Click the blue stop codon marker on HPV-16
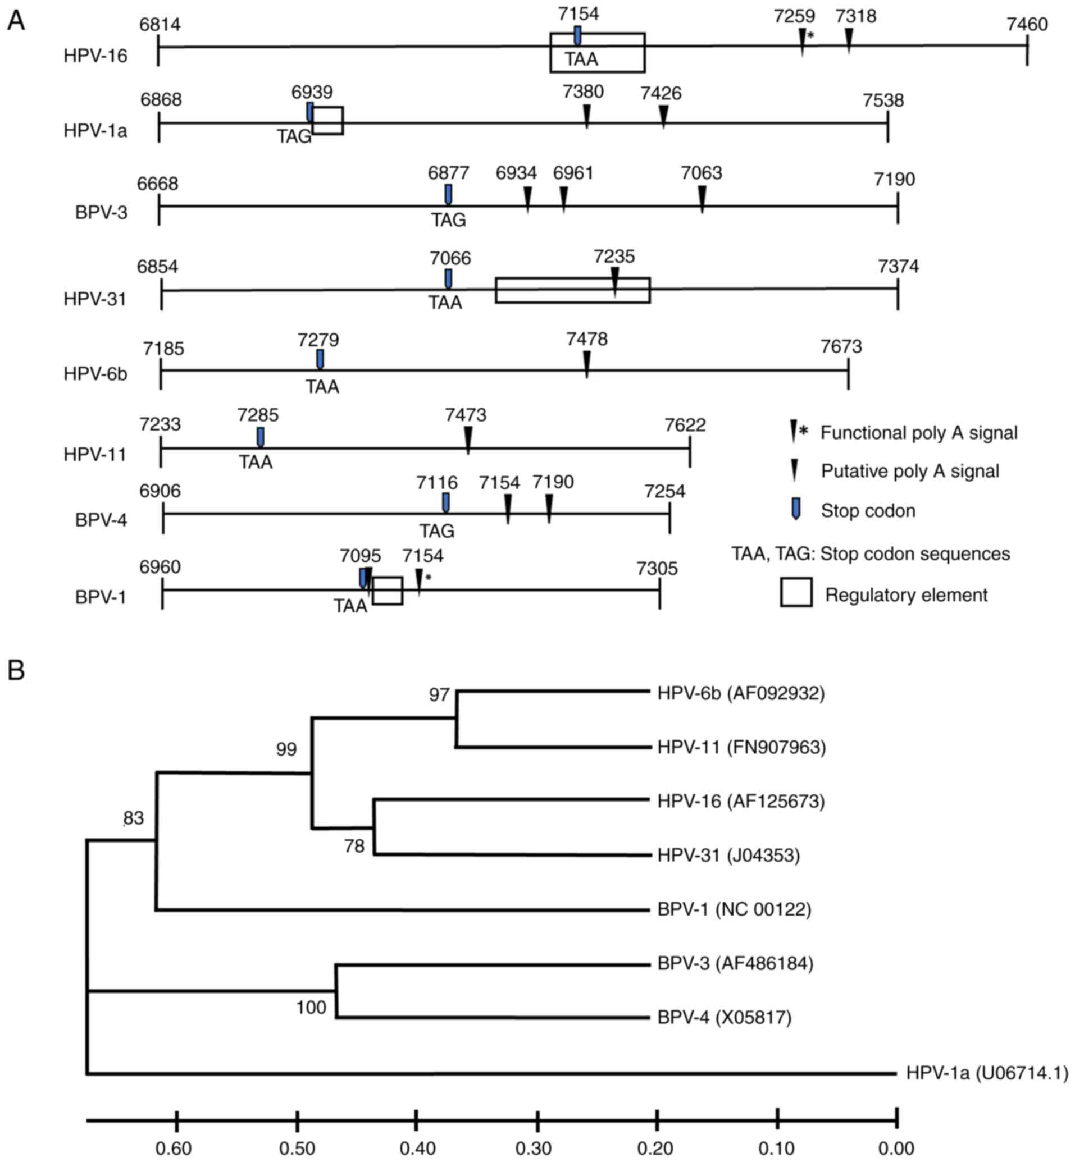[577, 35]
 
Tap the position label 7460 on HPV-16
[1027, 24]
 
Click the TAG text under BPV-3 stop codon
[448, 220]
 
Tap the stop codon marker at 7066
[448, 278]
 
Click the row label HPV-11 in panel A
[95, 455]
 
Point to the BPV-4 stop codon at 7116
[446, 502]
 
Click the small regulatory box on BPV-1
[388, 591]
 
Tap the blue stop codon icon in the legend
[795, 509]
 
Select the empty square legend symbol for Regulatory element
[795, 592]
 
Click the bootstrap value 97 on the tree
[440, 694]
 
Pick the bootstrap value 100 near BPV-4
[311, 1008]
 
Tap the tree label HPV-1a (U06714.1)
[987, 1073]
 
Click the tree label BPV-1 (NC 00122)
[734, 909]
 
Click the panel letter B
[16, 670]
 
